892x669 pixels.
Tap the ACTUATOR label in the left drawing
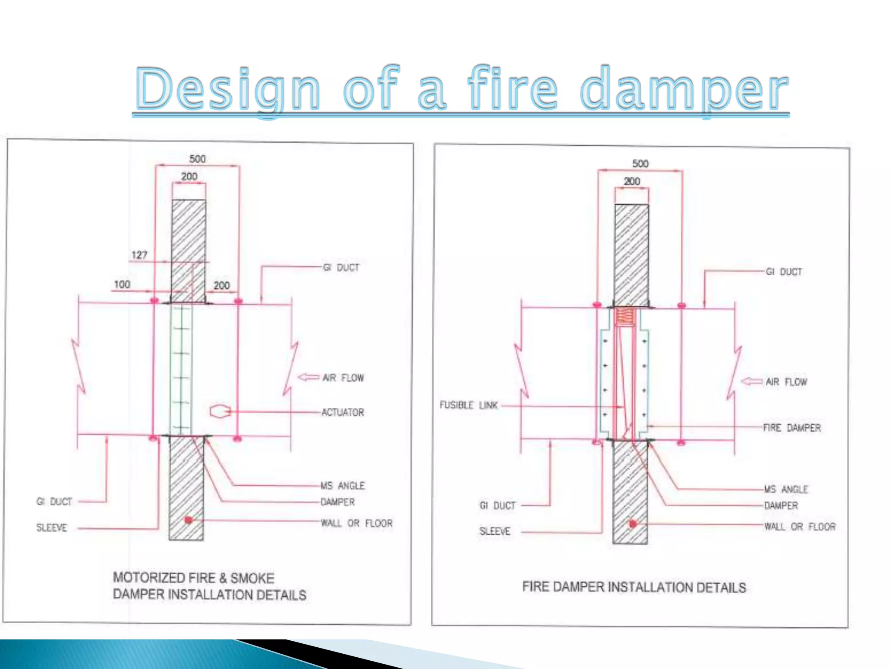point(342,412)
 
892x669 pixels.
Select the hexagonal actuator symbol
point(220,412)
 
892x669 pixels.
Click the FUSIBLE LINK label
point(469,405)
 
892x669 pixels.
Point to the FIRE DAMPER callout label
point(792,428)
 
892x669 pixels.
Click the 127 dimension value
point(139,255)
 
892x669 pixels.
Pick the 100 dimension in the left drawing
point(122,284)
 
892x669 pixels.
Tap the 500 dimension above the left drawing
point(197,159)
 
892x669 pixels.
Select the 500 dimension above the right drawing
point(640,164)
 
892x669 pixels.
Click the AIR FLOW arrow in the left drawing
point(308,377)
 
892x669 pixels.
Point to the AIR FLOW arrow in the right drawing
point(752,382)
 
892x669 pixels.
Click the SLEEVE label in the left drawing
point(52,528)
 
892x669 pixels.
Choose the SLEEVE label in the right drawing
point(495,531)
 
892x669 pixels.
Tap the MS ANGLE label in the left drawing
point(342,486)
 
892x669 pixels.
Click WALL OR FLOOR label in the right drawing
point(800,527)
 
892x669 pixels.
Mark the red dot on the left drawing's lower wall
point(188,520)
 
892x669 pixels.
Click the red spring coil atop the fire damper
point(625,317)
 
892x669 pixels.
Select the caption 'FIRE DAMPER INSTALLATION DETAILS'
point(634,587)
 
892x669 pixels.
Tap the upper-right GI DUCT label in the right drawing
point(784,272)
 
